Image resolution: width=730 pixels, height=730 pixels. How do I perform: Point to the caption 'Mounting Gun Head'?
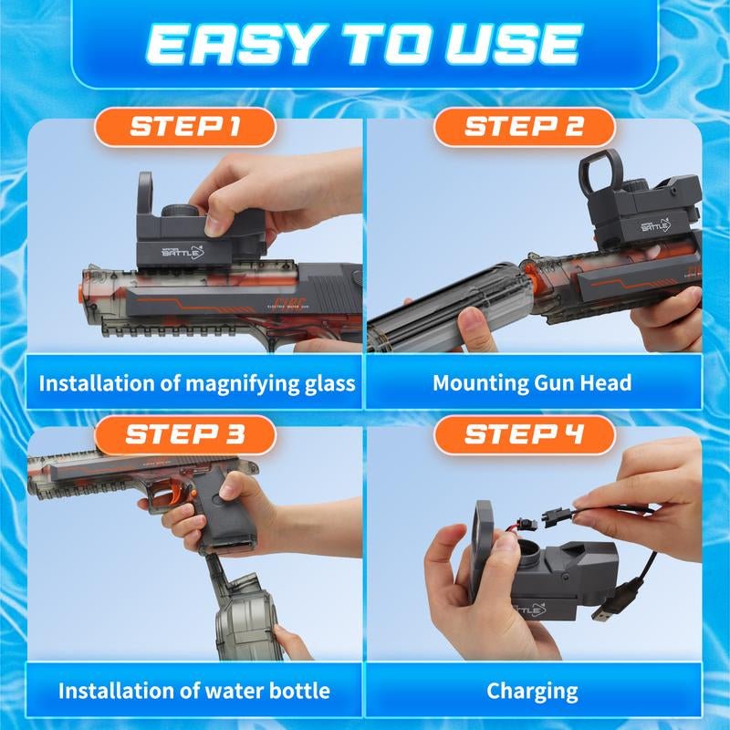[532, 381]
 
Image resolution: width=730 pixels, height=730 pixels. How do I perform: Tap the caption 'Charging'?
[532, 691]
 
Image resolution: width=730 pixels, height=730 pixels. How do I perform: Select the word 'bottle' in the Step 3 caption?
[297, 691]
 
